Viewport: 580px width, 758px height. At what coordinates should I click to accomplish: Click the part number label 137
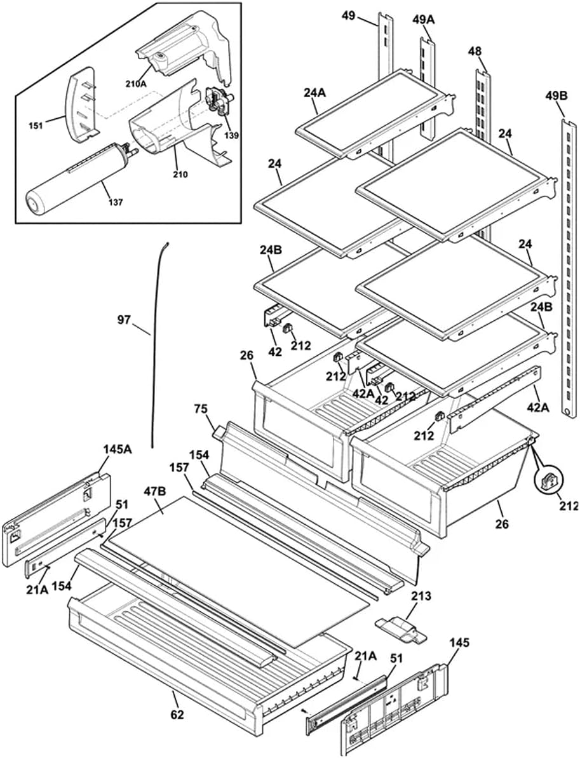(116, 202)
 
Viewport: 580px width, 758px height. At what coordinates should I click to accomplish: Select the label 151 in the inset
(36, 126)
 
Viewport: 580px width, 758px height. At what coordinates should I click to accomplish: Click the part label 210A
(136, 83)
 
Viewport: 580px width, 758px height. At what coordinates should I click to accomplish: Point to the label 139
(231, 136)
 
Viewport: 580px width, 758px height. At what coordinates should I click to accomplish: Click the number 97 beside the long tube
(125, 320)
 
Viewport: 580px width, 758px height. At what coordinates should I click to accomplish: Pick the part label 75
(200, 409)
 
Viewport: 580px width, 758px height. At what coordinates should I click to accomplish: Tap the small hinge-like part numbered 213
(401, 630)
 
